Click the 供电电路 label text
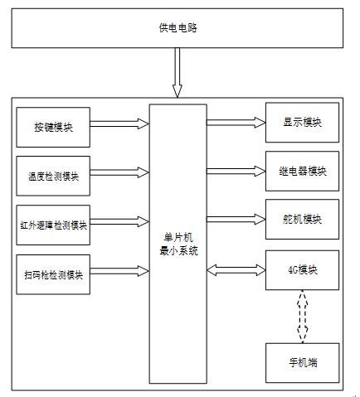coord(178,28)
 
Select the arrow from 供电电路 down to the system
coord(178,72)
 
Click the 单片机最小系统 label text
coord(178,244)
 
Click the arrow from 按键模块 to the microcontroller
coord(119,123)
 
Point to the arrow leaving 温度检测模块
coord(119,172)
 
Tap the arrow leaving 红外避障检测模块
coord(119,222)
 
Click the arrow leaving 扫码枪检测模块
coord(119,271)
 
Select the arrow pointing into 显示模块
coord(236,123)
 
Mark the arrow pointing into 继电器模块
coord(236,171)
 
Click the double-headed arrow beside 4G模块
coord(236,270)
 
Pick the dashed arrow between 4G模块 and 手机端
coord(303,317)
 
